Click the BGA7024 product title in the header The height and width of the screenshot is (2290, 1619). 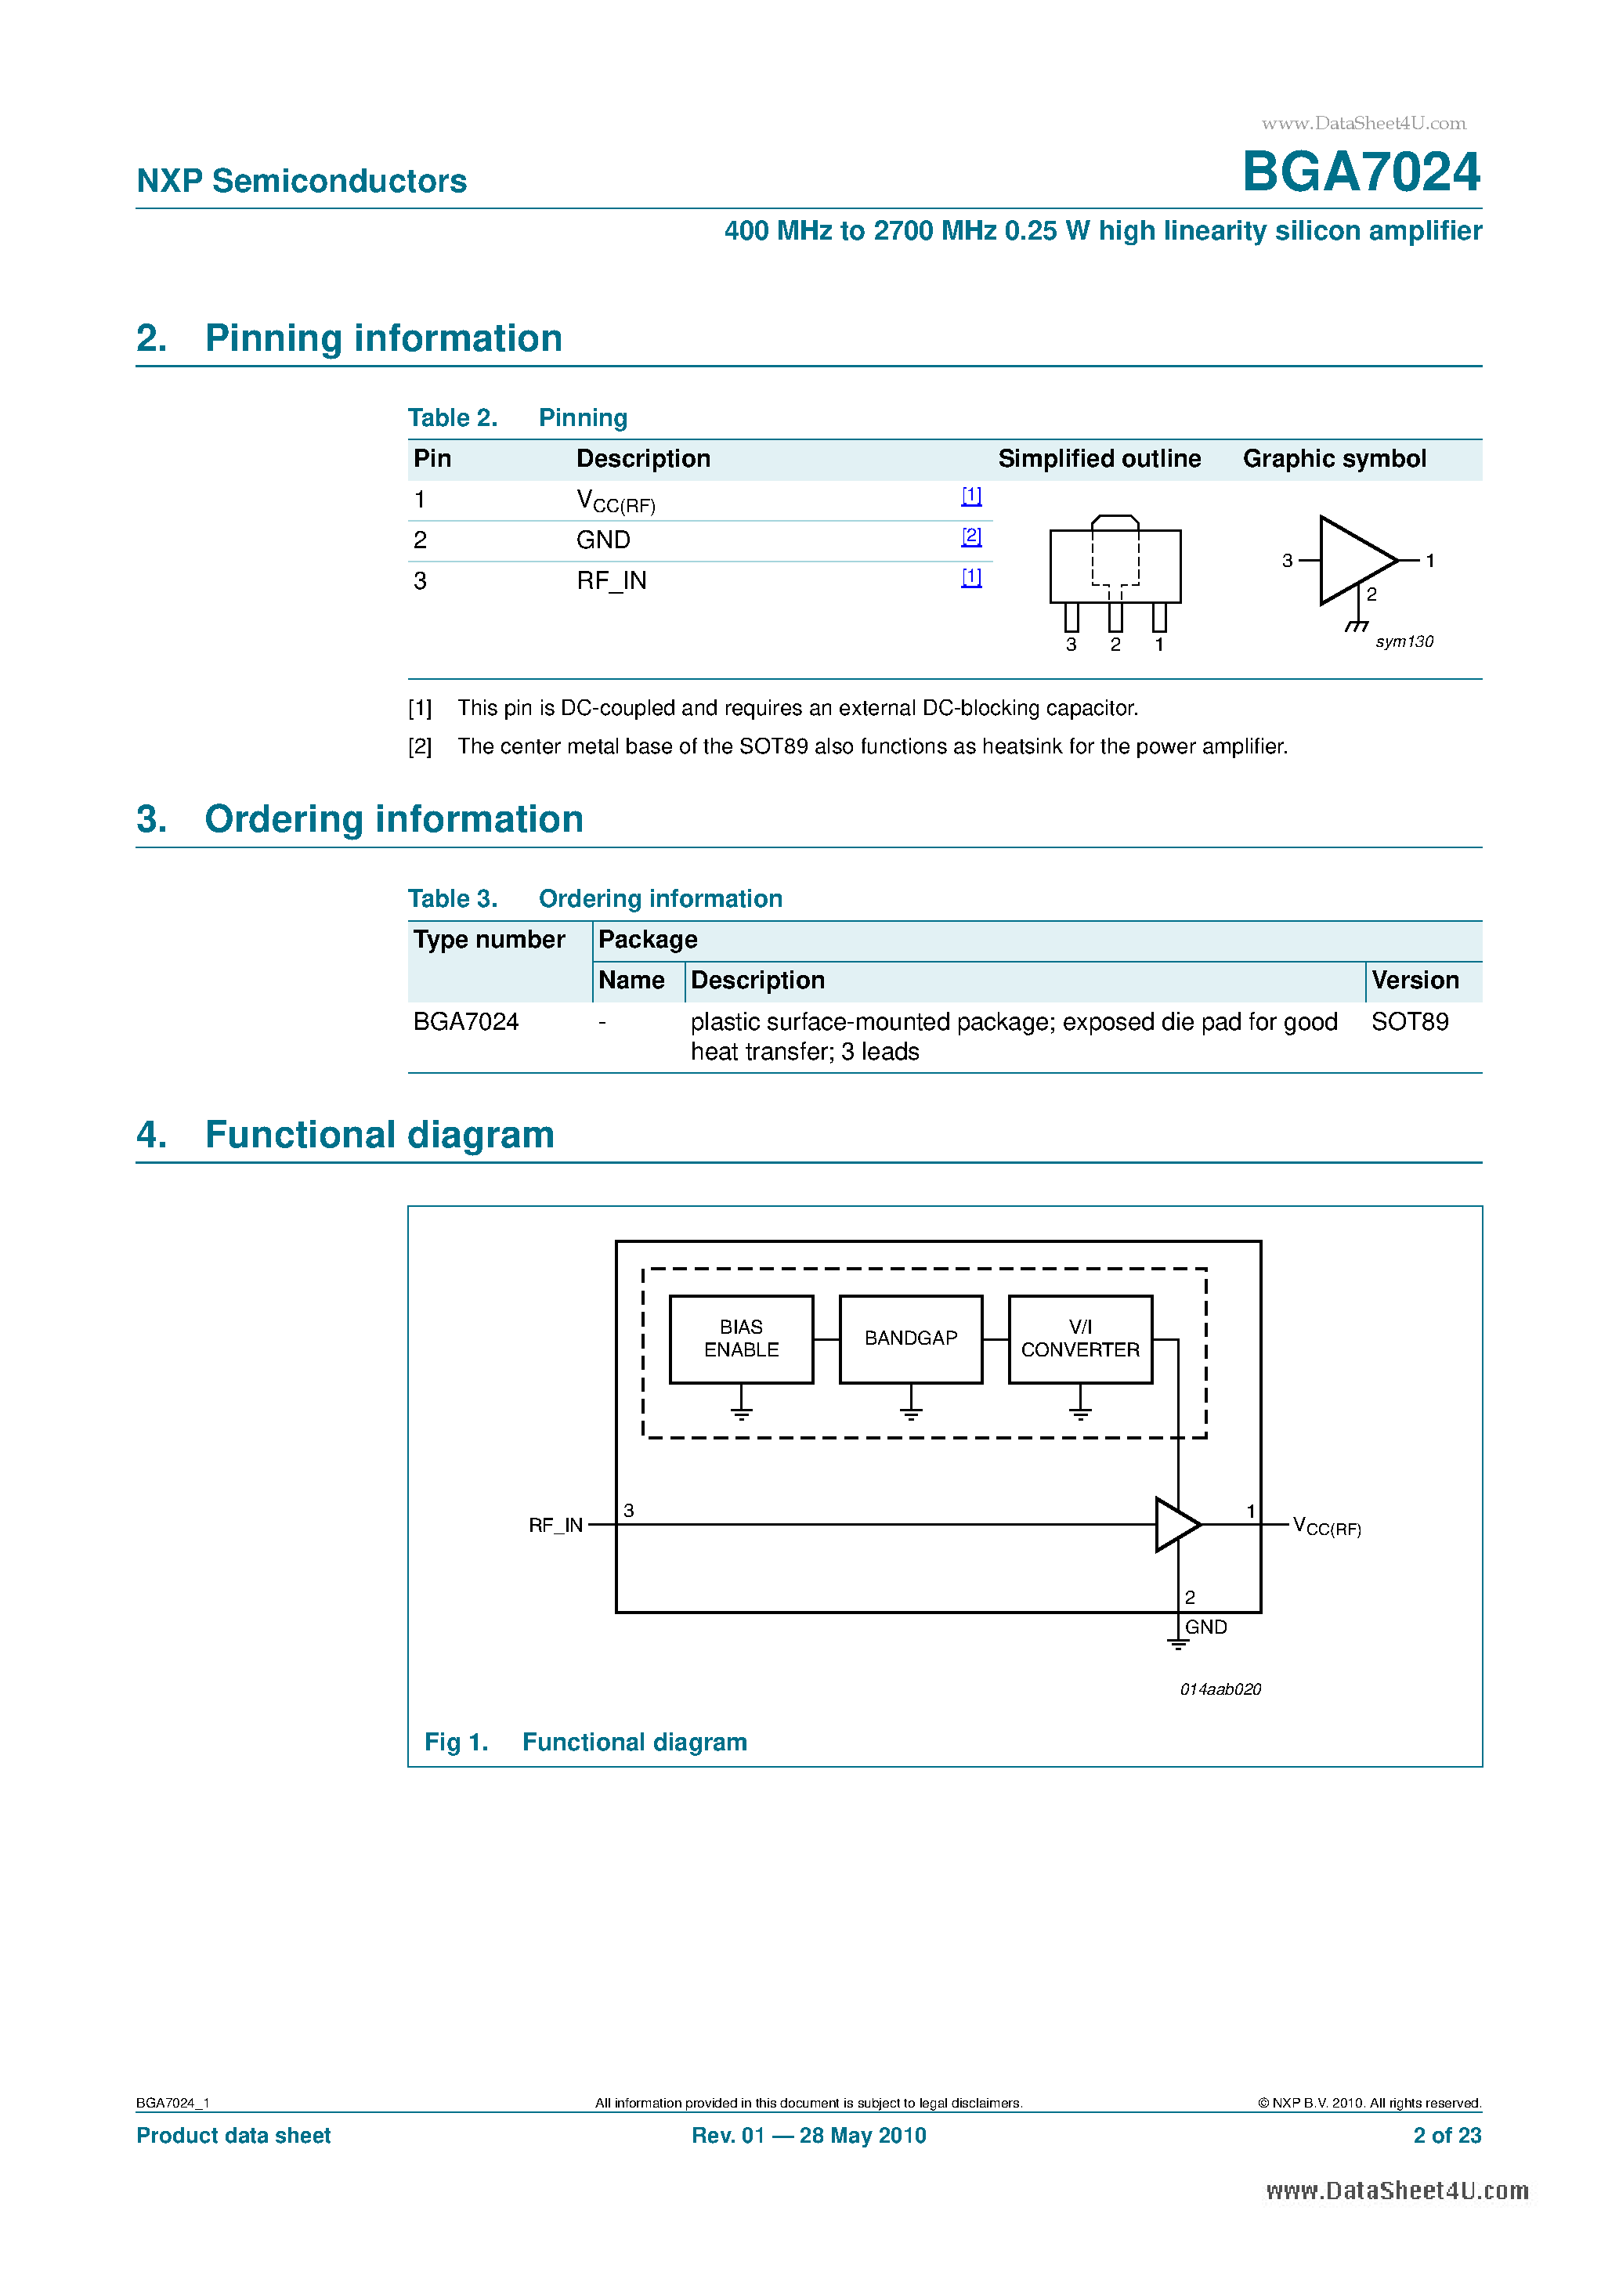(1361, 172)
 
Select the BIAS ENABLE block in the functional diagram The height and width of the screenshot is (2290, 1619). (741, 1338)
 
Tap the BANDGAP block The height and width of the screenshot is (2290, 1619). (911, 1338)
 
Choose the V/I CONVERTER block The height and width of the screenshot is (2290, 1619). (1080, 1338)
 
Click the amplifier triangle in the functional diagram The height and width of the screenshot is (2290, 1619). (1175, 1524)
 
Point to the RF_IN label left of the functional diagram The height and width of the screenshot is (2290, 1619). (555, 1525)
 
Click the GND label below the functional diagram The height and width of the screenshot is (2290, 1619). (1206, 1627)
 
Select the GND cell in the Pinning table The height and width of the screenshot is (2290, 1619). (604, 540)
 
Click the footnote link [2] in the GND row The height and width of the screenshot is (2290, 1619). (971, 536)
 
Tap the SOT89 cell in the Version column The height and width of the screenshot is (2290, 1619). (1410, 1021)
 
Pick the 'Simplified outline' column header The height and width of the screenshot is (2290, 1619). (1099, 459)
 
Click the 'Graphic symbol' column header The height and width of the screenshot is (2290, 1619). (1334, 459)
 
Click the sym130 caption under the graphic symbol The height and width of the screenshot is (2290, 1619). (1404, 642)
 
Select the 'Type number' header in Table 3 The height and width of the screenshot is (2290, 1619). (489, 940)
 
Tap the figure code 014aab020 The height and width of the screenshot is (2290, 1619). (1220, 1689)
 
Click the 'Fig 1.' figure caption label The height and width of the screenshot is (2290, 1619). (456, 1742)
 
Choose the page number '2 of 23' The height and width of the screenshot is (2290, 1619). (1447, 2136)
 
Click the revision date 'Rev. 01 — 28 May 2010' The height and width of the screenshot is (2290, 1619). (809, 2136)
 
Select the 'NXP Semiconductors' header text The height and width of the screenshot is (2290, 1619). (302, 182)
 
